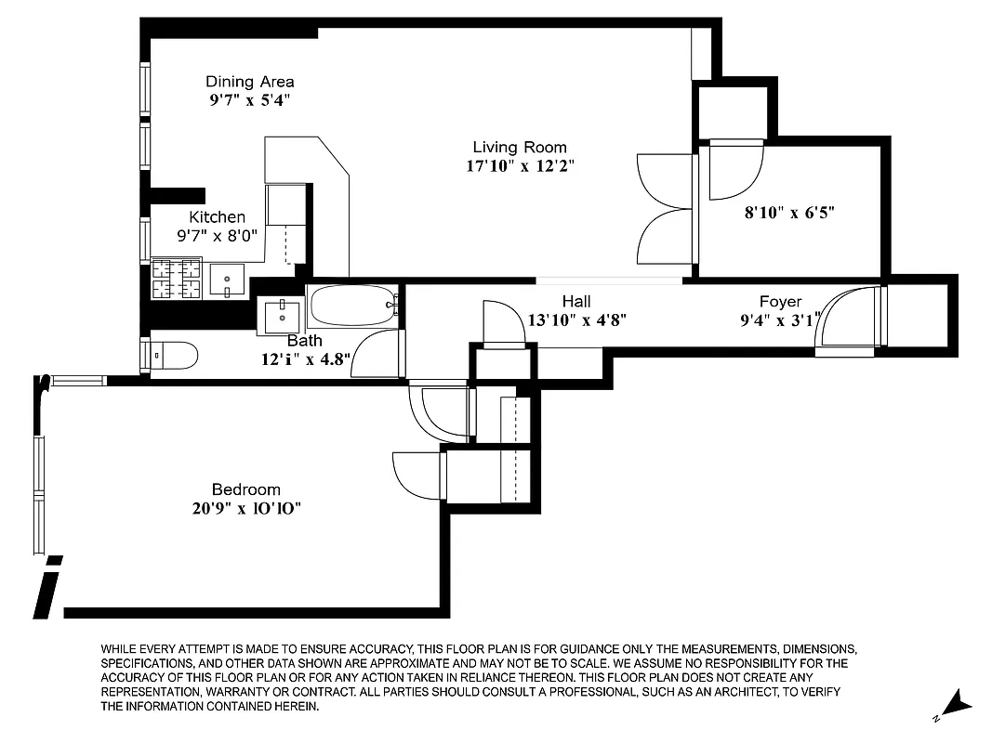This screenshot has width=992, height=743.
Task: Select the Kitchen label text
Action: click(x=218, y=216)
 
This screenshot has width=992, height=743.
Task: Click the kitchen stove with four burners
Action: click(x=177, y=278)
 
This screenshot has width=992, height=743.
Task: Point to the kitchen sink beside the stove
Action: click(x=227, y=279)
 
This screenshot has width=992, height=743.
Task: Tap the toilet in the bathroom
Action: click(x=174, y=355)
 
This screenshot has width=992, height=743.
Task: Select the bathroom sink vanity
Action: click(x=281, y=315)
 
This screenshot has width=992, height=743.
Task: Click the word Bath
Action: click(x=304, y=341)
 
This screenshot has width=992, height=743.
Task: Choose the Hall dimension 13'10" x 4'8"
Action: click(x=576, y=320)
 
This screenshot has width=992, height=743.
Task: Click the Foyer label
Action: click(x=780, y=302)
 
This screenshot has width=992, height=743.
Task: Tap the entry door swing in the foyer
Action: click(x=848, y=320)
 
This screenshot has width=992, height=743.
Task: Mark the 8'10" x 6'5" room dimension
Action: click(x=789, y=212)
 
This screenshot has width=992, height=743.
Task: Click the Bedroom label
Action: click(x=245, y=489)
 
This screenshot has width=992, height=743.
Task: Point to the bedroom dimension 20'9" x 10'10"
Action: click(x=245, y=509)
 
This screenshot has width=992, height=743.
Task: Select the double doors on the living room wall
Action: click(x=666, y=208)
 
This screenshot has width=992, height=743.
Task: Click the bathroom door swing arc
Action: click(x=377, y=354)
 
